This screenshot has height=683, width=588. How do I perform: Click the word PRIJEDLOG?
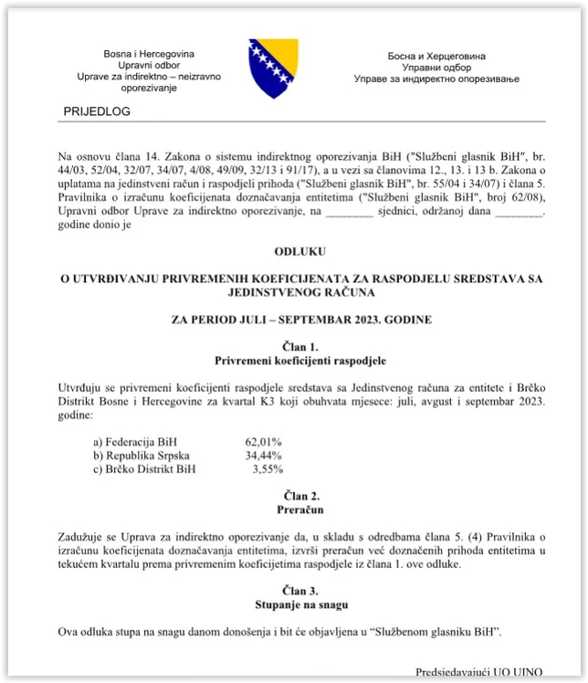[x=98, y=111]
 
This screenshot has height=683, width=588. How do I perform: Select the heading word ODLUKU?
[x=299, y=250]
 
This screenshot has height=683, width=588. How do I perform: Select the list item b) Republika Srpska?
[x=129, y=456]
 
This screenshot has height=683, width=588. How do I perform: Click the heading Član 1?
[x=300, y=346]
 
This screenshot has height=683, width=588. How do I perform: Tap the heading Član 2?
[x=300, y=495]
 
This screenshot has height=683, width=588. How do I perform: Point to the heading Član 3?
[x=300, y=591]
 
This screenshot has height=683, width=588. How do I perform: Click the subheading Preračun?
[x=300, y=509]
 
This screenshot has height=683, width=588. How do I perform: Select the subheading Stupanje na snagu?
[x=300, y=604]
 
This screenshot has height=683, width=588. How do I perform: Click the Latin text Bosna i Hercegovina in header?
[x=149, y=55]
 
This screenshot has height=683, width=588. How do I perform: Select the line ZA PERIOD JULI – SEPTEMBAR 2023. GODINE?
[x=300, y=320]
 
